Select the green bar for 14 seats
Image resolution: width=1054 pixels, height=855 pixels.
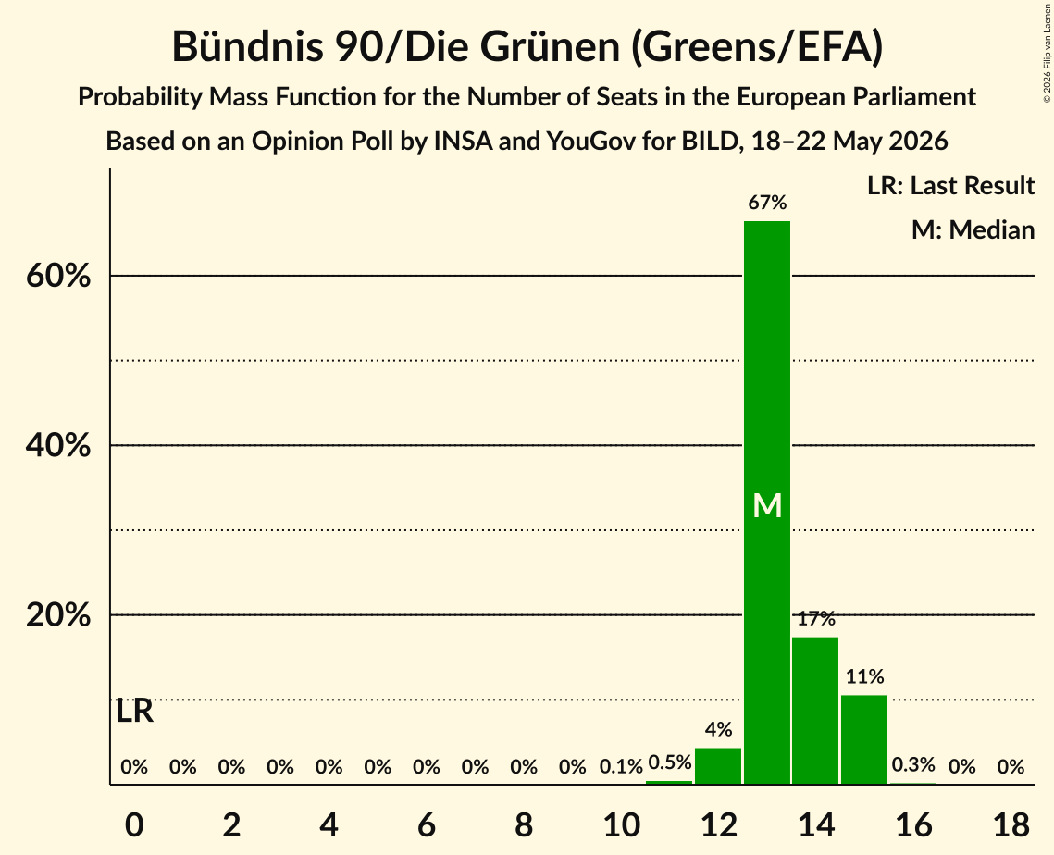(x=815, y=711)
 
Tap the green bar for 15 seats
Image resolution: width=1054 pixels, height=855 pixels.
(x=864, y=739)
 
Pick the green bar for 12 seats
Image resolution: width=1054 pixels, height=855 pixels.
(x=718, y=765)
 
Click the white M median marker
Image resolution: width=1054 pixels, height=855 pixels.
(x=767, y=505)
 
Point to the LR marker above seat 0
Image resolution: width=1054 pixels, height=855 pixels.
(x=134, y=712)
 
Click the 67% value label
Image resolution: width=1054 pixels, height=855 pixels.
(x=767, y=202)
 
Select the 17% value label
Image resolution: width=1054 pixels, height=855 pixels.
(x=816, y=618)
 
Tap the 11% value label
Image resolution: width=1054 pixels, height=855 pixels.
(x=864, y=676)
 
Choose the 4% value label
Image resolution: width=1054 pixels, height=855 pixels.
(x=718, y=729)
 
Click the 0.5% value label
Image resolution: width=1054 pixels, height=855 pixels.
(x=669, y=762)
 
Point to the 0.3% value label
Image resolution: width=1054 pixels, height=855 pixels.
(x=913, y=764)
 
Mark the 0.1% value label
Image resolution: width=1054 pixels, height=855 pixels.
(x=621, y=766)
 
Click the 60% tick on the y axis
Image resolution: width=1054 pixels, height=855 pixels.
(x=58, y=276)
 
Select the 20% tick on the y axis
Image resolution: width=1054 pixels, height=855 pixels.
(x=58, y=615)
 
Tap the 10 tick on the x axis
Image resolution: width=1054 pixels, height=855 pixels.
(x=621, y=824)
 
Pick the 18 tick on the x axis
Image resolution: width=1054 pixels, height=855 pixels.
(x=1011, y=824)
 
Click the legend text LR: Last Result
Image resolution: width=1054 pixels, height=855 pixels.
(x=950, y=185)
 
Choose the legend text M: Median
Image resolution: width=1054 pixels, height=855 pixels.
(x=973, y=229)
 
